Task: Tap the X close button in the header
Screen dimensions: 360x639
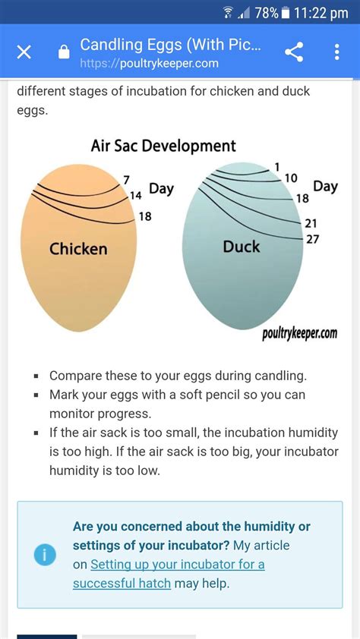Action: click(24, 52)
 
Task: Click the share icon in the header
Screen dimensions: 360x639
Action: click(294, 52)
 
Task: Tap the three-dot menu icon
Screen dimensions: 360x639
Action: click(336, 52)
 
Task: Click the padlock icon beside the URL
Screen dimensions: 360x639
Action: click(64, 52)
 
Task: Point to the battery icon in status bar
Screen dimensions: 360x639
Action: click(286, 13)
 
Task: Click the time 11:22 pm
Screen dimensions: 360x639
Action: click(321, 13)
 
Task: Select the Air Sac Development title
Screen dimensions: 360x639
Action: click(163, 146)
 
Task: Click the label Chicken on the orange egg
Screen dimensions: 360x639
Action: click(78, 249)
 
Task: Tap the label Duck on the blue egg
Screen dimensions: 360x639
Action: click(242, 247)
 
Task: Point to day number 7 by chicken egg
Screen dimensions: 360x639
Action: click(127, 180)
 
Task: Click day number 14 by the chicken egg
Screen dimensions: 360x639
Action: click(135, 196)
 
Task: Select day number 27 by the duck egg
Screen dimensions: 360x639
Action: click(312, 239)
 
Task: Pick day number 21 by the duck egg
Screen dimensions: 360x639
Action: click(311, 223)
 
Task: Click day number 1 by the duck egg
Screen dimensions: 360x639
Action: click(276, 167)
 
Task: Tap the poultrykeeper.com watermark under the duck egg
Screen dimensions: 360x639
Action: click(300, 333)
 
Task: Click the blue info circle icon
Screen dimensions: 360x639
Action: click(45, 555)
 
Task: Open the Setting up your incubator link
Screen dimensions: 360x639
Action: click(169, 574)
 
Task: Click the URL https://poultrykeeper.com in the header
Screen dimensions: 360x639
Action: click(149, 64)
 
